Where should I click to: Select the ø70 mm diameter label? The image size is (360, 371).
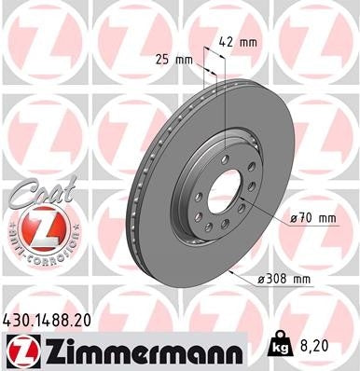(312, 217)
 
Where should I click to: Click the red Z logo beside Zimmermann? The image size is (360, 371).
(21, 350)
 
